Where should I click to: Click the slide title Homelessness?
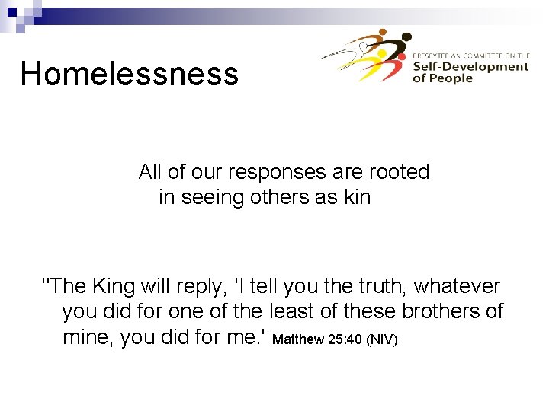click(129, 75)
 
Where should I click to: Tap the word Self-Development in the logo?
click(470, 66)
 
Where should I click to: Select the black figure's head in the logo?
click(406, 36)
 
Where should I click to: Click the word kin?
click(357, 197)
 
